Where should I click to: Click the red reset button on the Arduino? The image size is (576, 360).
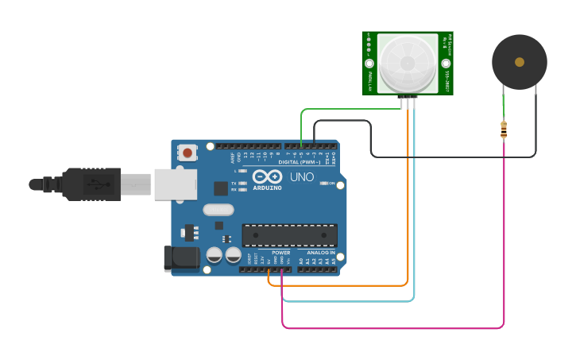pos(187,153)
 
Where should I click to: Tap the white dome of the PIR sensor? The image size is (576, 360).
pos(407,63)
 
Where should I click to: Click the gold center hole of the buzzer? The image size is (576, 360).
pos(520,62)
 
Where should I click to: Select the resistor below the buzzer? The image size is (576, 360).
pos(504,130)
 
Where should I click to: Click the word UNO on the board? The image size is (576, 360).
pos(301,177)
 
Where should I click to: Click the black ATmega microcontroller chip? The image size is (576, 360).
pos(289,235)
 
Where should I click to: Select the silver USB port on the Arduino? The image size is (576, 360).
pos(175,184)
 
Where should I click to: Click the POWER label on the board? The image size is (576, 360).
pos(281,253)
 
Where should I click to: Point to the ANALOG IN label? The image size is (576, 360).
pos(321,253)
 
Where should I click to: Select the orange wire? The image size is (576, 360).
pos(342,285)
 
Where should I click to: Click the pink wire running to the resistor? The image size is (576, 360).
pos(397,327)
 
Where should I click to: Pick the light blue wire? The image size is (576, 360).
pos(350,301)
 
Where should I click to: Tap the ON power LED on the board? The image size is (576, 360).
pos(325,184)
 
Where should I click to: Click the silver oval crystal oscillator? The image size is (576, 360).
pos(218,210)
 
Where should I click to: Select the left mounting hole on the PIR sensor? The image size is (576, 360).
pos(369,64)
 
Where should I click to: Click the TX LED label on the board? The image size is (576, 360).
pos(234,183)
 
